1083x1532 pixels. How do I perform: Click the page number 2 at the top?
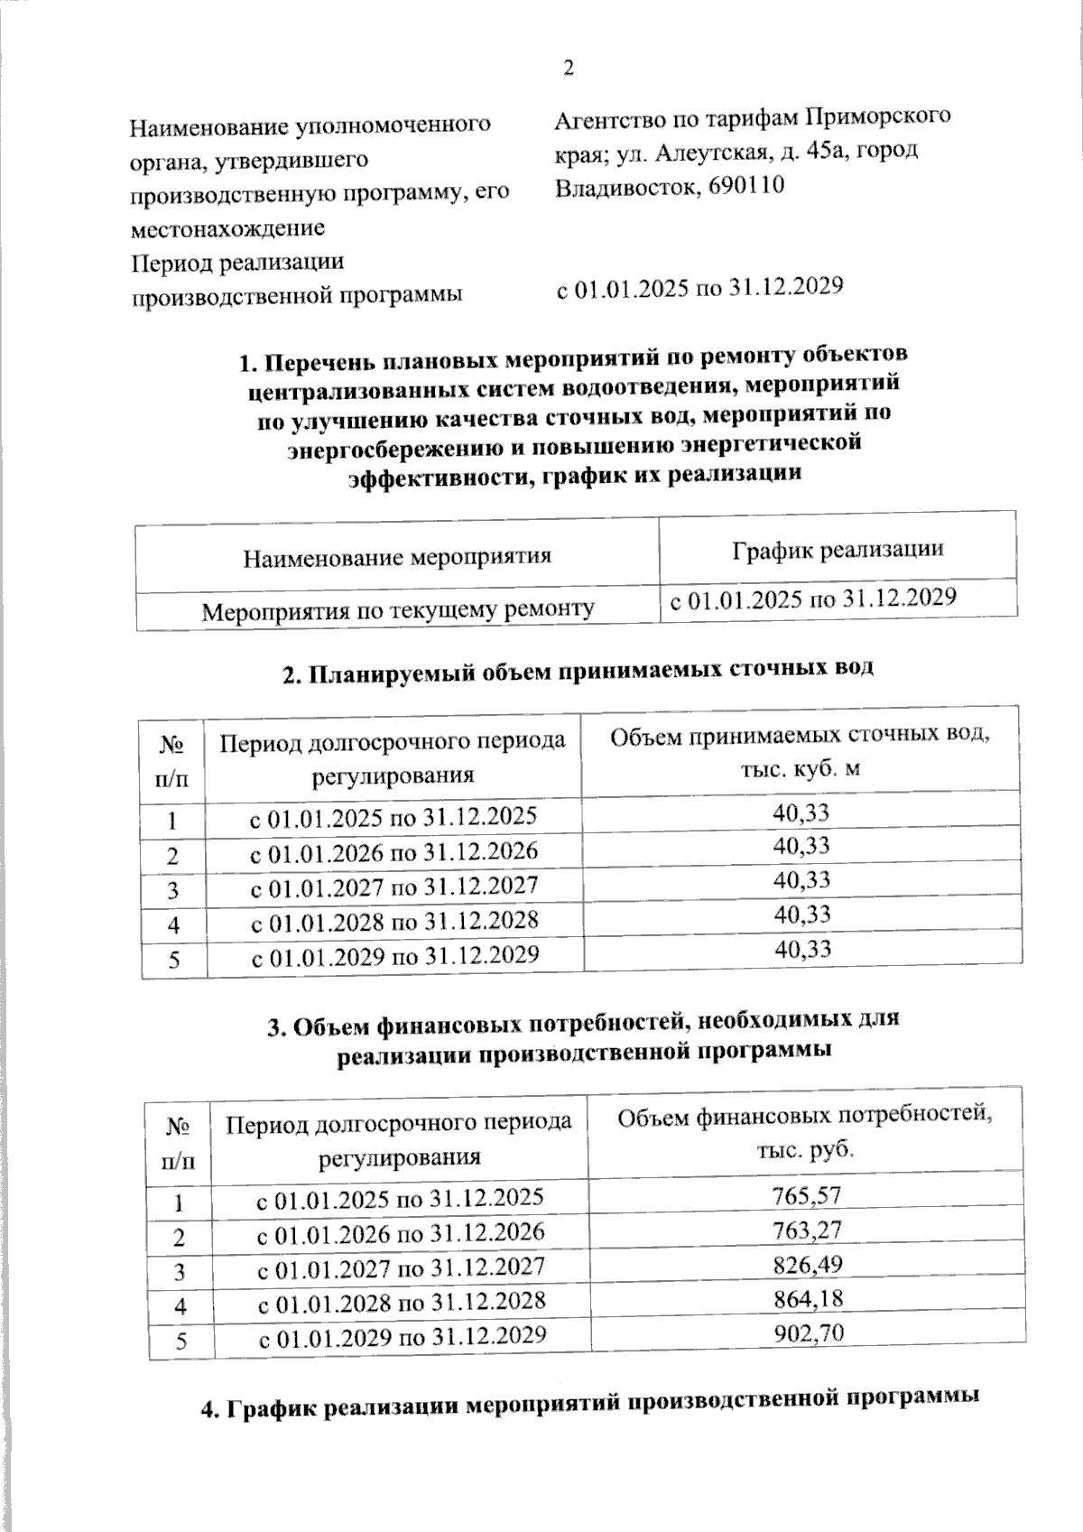(569, 70)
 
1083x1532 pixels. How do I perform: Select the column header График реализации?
(838, 549)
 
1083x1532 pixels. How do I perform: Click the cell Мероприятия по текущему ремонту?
(397, 611)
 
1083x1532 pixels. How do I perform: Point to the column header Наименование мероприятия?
(397, 556)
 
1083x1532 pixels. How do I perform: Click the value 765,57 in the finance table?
(807, 1196)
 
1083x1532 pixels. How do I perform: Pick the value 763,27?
(807, 1230)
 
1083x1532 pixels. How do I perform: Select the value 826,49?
(807, 1264)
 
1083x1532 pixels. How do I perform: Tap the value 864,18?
(807, 1298)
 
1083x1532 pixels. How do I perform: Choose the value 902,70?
(807, 1332)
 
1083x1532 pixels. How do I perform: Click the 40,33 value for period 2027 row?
(801, 880)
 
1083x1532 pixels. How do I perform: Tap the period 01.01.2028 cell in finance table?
(402, 1301)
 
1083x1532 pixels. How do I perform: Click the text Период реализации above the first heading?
(237, 263)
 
